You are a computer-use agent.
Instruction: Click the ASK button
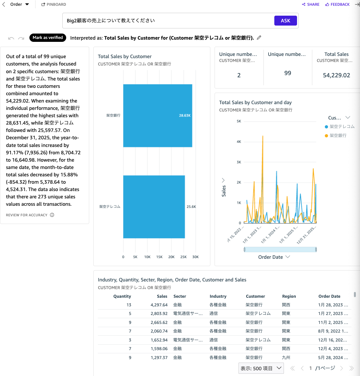[x=286, y=21]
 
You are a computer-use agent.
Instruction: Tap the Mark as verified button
[x=48, y=38]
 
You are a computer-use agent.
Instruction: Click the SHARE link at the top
[x=310, y=4]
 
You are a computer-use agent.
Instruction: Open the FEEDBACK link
[x=337, y=4]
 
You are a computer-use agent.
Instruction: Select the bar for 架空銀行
[x=157, y=116]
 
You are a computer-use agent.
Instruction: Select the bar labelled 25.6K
[x=154, y=207]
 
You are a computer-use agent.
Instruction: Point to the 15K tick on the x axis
[x=159, y=257]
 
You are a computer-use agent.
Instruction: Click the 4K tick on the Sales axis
[x=239, y=142]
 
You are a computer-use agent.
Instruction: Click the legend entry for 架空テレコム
[x=342, y=127]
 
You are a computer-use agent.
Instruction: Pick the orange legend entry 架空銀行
[x=338, y=136]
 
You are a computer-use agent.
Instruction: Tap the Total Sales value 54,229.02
[x=336, y=75]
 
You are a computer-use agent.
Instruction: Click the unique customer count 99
[x=288, y=73]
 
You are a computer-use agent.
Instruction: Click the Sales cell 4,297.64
[x=159, y=305]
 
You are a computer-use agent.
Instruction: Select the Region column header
[x=289, y=296]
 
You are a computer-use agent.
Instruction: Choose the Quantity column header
[x=122, y=296]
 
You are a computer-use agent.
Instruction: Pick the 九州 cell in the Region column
[x=286, y=358]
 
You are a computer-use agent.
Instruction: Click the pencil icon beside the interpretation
[x=259, y=38]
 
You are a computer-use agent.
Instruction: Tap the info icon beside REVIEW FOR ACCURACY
[x=52, y=215]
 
